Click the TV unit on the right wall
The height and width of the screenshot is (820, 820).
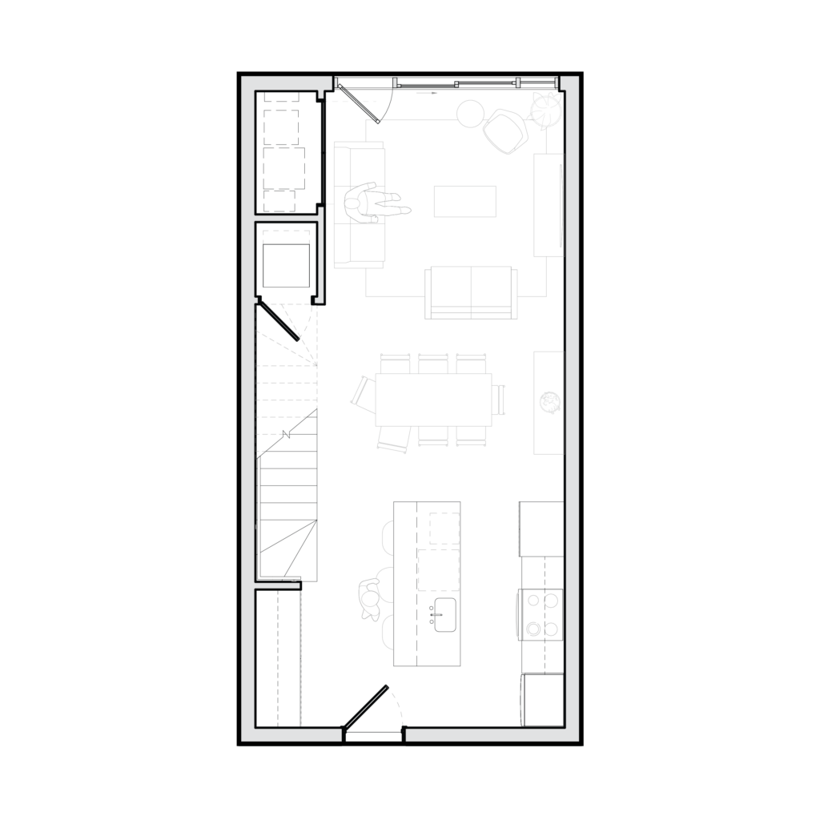click(x=549, y=205)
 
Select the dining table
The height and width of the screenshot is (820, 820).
click(x=433, y=399)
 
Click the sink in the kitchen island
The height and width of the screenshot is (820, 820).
click(x=444, y=614)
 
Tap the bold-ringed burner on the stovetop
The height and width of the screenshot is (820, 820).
click(x=533, y=629)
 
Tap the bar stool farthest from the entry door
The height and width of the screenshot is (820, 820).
click(x=388, y=536)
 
